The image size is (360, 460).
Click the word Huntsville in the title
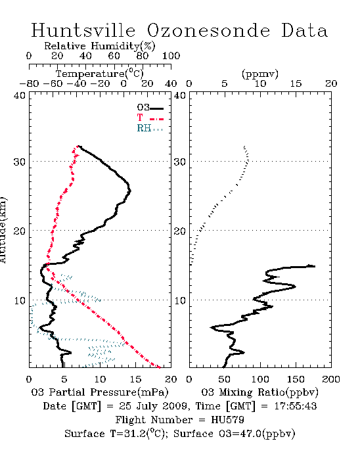(83, 30)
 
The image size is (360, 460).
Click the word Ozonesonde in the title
(208, 30)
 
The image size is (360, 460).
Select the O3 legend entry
(150, 108)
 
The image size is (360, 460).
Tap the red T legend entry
(150, 118)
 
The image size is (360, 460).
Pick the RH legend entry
(150, 128)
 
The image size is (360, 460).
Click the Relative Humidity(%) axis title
(100, 46)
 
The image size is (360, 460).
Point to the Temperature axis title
(100, 74)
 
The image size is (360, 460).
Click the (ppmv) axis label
(260, 74)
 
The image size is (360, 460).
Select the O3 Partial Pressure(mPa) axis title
(100, 392)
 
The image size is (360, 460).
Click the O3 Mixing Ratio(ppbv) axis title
(259, 392)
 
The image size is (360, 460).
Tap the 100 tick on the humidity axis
(171, 56)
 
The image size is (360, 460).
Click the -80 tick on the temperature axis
(29, 83)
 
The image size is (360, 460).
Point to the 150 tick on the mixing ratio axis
(296, 379)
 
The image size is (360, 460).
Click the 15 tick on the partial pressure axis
(135, 379)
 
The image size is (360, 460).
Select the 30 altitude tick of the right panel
(180, 162)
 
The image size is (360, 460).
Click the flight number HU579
(227, 420)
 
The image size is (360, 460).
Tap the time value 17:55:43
(295, 406)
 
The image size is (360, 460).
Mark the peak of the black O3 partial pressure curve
(131, 191)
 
